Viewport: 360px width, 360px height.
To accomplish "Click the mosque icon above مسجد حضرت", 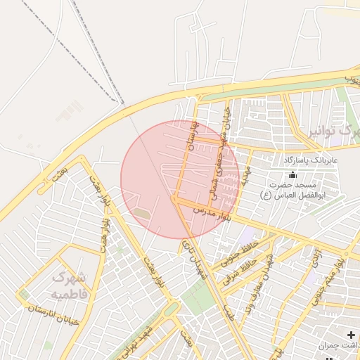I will pyautogui.click(x=292, y=175).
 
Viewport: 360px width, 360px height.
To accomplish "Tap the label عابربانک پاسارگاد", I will pyautogui.click(x=311, y=160).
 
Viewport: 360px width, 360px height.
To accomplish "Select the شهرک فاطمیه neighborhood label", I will pyautogui.click(x=69, y=285).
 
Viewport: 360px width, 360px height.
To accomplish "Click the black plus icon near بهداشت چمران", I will pyautogui.click(x=351, y=335).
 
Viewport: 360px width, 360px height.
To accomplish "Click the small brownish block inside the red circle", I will pyautogui.click(x=141, y=212).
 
